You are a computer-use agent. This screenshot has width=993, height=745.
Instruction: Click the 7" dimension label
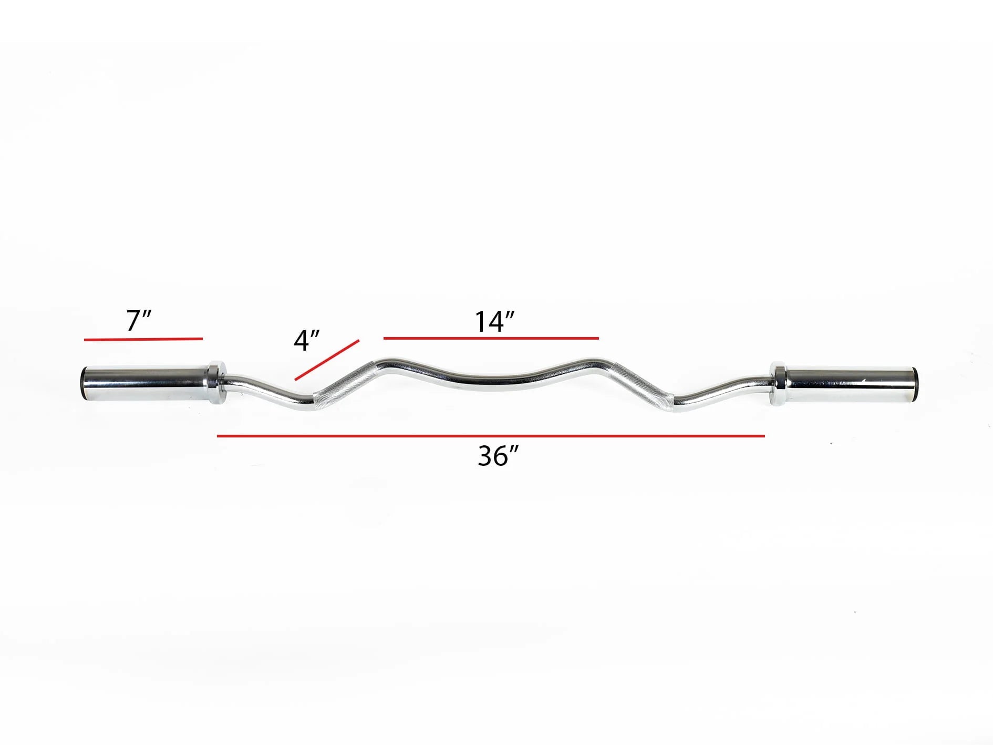[x=139, y=320]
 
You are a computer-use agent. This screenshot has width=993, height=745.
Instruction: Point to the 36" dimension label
[x=498, y=456]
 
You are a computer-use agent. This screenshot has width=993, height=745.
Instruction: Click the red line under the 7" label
[x=143, y=339]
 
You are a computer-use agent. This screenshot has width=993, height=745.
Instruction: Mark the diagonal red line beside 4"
[x=327, y=360]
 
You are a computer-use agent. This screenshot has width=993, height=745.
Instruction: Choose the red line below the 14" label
[x=491, y=338]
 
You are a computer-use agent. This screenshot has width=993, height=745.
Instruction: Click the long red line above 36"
[x=491, y=435]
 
